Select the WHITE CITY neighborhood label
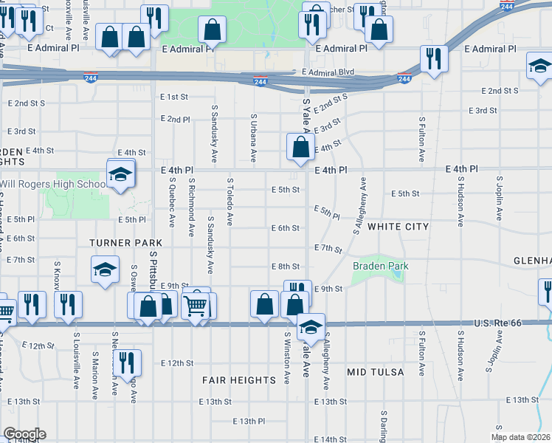[398, 227]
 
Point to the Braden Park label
[380, 266]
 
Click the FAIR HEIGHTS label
[238, 380]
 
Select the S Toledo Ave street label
[230, 201]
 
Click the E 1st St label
[174, 97]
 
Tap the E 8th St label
[285, 266]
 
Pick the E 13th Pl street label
[248, 421]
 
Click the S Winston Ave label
[286, 357]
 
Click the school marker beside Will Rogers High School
[120, 175]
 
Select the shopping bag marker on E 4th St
[300, 147]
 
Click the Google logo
[24, 434]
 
